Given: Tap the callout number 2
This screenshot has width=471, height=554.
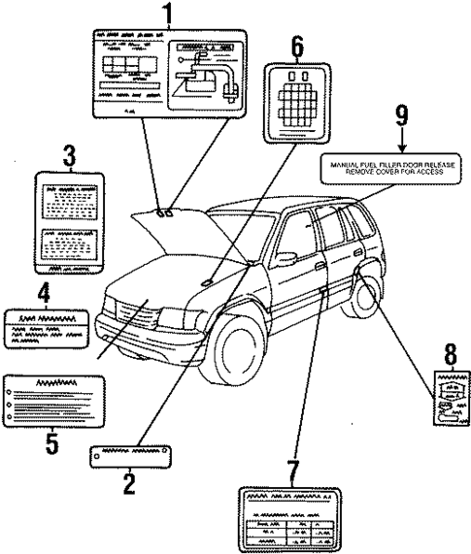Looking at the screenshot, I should (129, 482).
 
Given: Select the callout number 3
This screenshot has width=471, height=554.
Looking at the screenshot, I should (69, 155).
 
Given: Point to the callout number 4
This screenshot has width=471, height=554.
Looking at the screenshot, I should (44, 292).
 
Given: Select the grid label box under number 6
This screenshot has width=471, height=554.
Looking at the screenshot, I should (297, 95).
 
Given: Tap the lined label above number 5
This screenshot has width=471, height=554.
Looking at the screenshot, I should (54, 400).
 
